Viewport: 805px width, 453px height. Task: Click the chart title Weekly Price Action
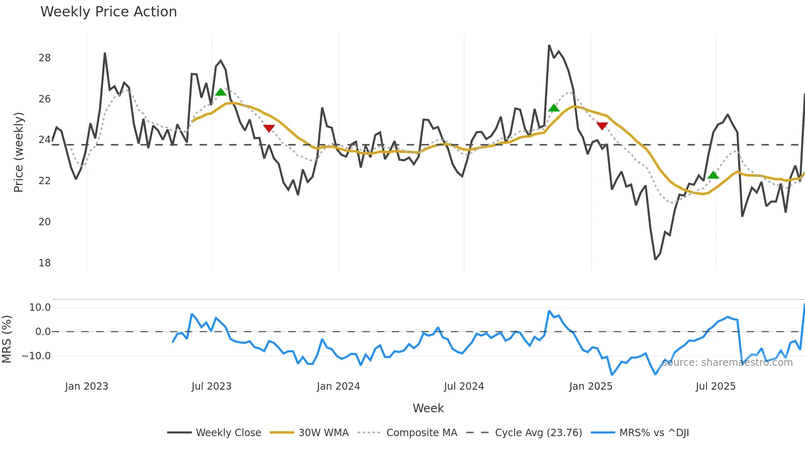click(108, 12)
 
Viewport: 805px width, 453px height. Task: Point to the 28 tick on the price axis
click(44, 58)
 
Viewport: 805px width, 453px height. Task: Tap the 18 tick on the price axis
click(44, 263)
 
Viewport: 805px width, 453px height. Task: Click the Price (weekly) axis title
click(18, 152)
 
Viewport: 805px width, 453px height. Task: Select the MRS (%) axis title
click(7, 339)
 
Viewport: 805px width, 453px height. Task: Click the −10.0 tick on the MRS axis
click(36, 356)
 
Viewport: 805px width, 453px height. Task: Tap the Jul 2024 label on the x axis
click(464, 386)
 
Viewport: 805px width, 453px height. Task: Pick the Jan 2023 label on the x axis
click(87, 386)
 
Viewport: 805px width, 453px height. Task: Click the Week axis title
click(428, 408)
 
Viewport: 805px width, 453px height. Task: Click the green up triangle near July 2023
click(221, 92)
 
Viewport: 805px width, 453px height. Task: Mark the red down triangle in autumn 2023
click(269, 128)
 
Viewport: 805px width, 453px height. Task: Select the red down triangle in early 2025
click(602, 126)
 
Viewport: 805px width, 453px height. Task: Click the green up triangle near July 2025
click(713, 175)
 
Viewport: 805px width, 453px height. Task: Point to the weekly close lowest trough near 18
click(655, 259)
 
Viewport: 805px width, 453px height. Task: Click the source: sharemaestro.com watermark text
click(727, 363)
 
